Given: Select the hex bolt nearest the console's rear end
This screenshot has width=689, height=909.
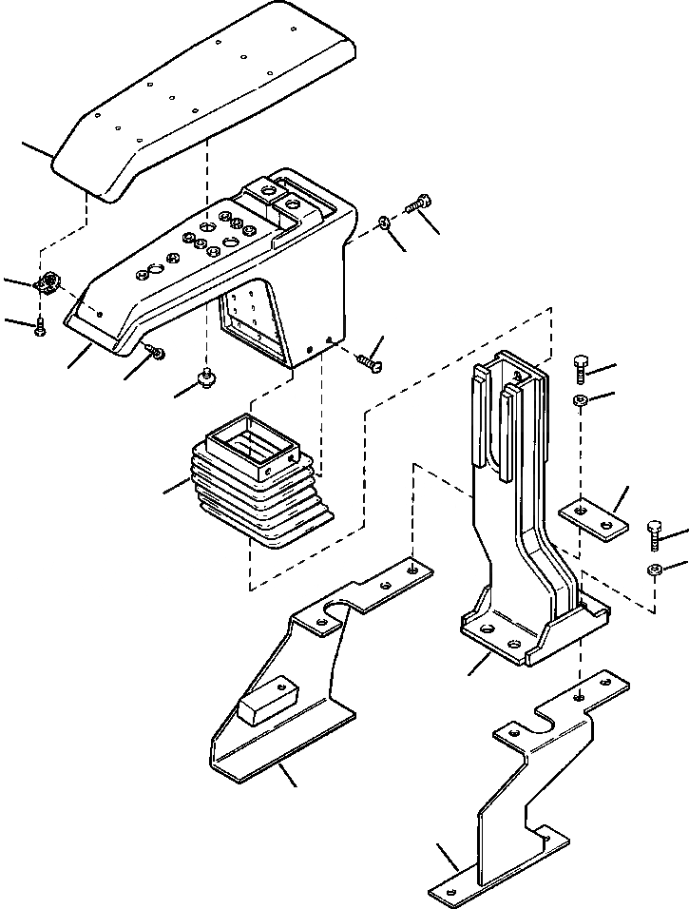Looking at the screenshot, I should click(x=419, y=203).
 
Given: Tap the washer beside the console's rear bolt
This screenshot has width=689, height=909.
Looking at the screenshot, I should click(x=382, y=222).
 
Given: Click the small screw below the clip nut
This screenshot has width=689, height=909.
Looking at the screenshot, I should click(x=40, y=329).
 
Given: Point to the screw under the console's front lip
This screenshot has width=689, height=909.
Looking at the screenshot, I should click(x=157, y=352).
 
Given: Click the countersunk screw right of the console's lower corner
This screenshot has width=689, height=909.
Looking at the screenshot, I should click(x=367, y=362).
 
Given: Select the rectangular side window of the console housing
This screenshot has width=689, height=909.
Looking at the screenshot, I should click(x=255, y=323).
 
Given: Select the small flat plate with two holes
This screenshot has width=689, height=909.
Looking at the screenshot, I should click(x=595, y=520).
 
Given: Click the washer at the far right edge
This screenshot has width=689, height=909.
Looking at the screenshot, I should click(x=654, y=571).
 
